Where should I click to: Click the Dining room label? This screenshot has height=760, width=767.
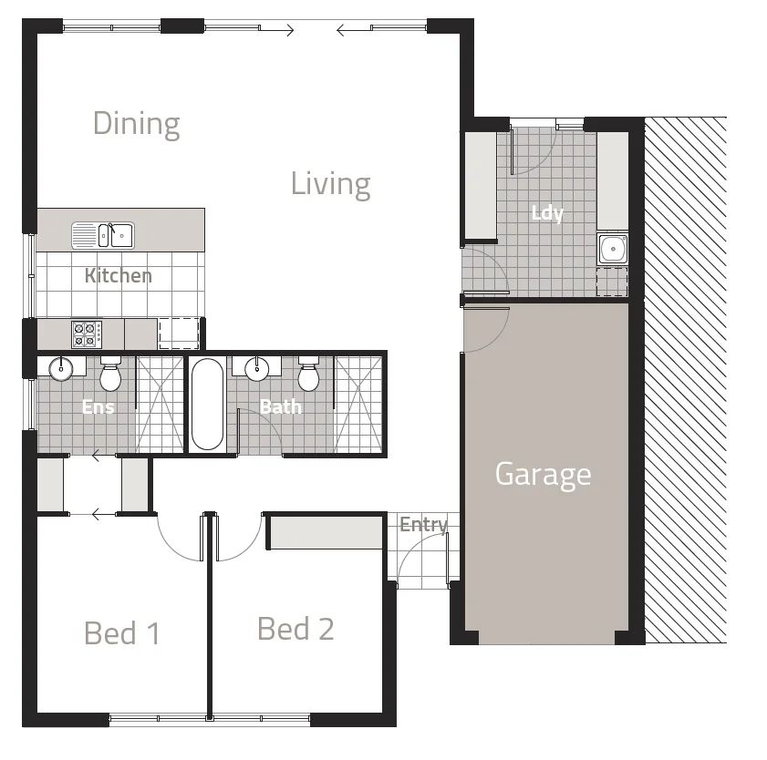(x=137, y=123)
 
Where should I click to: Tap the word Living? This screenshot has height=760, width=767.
(x=330, y=184)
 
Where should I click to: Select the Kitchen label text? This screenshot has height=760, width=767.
(x=118, y=275)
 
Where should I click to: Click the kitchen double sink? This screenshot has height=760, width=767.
(x=103, y=235)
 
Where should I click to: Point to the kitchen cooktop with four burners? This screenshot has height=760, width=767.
(x=87, y=334)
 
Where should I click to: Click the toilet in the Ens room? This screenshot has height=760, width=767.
(x=110, y=375)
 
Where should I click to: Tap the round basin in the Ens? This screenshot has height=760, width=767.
(x=61, y=369)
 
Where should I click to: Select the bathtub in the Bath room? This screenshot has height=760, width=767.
(x=207, y=404)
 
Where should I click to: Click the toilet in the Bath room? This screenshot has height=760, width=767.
(x=308, y=375)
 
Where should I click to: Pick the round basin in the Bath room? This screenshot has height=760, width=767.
(x=258, y=368)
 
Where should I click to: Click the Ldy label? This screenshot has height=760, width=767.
(x=547, y=213)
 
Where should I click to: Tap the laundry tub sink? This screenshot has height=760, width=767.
(x=612, y=248)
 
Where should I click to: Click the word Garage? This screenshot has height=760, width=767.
(x=543, y=474)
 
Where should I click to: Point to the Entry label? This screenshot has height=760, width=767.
(x=423, y=525)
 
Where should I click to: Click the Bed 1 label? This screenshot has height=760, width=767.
(x=121, y=632)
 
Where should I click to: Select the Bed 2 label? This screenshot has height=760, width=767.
(x=295, y=629)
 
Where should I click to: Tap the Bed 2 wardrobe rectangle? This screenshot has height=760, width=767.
(x=326, y=531)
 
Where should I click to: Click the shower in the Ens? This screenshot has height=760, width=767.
(x=161, y=404)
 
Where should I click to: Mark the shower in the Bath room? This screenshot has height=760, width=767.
(x=358, y=404)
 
